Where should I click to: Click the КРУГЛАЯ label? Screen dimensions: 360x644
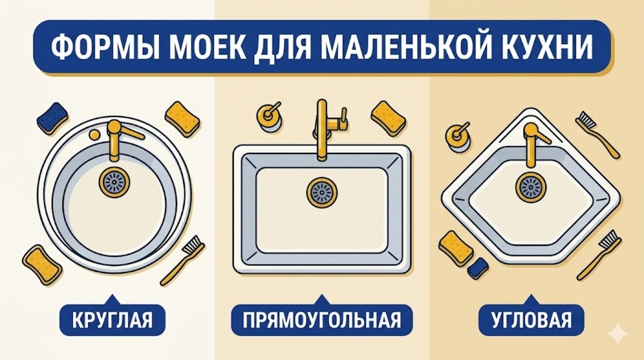tap(113, 321)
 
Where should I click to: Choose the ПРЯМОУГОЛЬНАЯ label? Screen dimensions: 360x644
tap(322, 321)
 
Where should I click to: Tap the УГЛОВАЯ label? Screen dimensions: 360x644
tap(531, 321)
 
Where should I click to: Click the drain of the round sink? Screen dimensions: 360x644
tap(114, 182)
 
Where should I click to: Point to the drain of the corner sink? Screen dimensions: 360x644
tap(530, 186)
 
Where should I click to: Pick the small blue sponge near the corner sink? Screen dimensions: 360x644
tap(479, 267)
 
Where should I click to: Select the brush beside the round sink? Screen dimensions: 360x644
tap(184, 260)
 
